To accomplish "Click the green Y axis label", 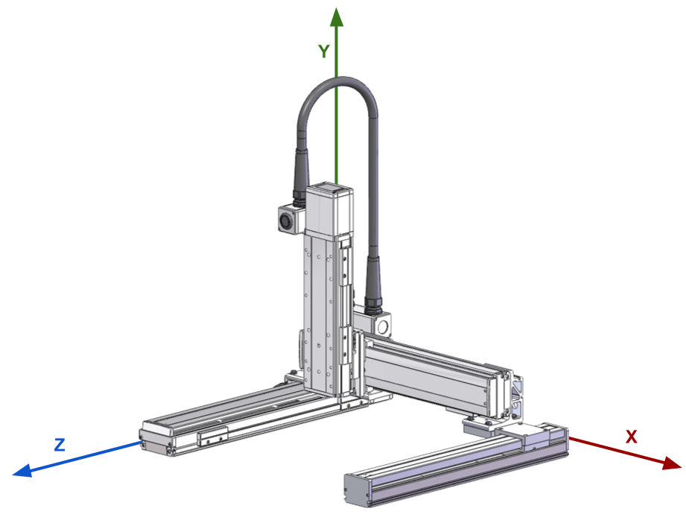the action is pos(324,51).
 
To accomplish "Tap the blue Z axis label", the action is pos(60,445).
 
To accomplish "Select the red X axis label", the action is pos(632,437).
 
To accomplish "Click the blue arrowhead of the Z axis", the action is pos(23,470).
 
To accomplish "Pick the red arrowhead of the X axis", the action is pos(672,463).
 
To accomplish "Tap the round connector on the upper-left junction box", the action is pos(286,221).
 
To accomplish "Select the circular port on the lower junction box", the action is pos(384,326).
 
